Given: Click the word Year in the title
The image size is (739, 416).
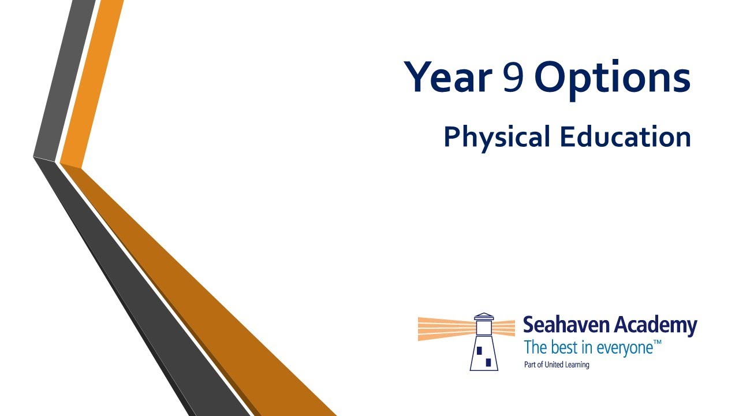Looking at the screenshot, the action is pos(448,76).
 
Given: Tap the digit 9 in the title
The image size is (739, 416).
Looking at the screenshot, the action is pos(513,77).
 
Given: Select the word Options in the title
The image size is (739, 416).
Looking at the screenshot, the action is pos(613,79).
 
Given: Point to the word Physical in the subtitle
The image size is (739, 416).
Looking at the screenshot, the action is pos(497,138).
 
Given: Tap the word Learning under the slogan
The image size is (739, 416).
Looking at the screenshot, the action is pos(577,365).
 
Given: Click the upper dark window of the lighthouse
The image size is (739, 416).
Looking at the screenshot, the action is pos(479,350).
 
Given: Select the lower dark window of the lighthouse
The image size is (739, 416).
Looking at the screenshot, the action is pos(488,362).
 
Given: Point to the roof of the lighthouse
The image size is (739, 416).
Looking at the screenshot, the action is pos(484,316).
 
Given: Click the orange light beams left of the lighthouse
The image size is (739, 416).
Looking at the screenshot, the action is pos(446,329).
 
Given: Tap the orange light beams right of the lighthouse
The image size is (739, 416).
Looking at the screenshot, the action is pos(504,328).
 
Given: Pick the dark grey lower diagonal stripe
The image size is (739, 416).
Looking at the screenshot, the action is pos(142,287).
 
